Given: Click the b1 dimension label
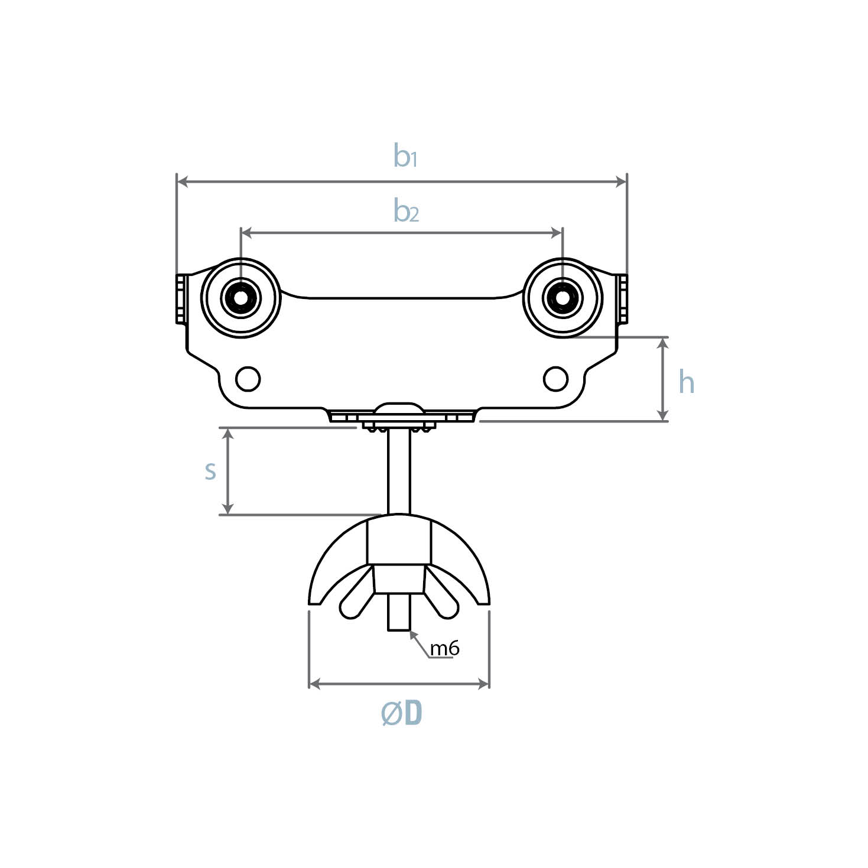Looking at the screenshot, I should [x=405, y=156].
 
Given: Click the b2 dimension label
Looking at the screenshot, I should [x=406, y=211].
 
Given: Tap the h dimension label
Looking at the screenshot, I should [x=686, y=382].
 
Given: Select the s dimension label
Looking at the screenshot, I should [x=210, y=471].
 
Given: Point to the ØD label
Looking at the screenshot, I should [x=402, y=714].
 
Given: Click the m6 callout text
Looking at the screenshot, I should [x=444, y=649].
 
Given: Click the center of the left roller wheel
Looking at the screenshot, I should [x=241, y=298].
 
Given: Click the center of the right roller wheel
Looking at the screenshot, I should [x=563, y=298].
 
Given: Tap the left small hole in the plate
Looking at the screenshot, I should [x=248, y=379].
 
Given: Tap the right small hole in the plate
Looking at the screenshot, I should [x=555, y=379].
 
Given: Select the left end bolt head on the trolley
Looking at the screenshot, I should [x=181, y=299].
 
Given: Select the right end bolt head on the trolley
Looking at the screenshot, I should [x=622, y=299].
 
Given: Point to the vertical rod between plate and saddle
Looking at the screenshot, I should [x=399, y=473].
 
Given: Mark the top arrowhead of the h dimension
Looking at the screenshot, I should [x=664, y=343].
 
